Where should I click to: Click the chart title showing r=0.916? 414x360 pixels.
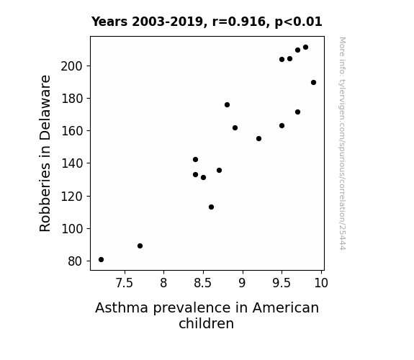(207, 22)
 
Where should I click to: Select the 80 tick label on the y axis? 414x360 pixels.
(75, 261)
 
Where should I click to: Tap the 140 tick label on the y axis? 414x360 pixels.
(71, 163)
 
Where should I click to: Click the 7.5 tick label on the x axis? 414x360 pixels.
(125, 283)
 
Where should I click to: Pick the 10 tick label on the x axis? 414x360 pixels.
(321, 283)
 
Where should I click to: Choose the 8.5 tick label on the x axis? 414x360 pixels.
(203, 283)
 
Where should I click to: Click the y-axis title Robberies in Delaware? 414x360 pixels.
(45, 153)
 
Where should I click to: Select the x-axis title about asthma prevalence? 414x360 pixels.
(207, 315)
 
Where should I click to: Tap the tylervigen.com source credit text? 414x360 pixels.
(342, 143)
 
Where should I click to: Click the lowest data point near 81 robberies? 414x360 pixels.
(101, 260)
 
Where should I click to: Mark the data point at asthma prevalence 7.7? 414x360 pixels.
(140, 246)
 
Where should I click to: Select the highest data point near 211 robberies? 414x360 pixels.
(305, 48)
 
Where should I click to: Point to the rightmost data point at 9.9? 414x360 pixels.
(313, 82)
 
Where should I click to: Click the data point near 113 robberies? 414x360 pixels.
(211, 207)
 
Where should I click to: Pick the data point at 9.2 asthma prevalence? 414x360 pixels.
(258, 139)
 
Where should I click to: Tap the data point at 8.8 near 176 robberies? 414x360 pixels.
(227, 105)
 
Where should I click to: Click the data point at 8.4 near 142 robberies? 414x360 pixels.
(195, 160)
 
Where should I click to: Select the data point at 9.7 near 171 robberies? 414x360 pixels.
(297, 112)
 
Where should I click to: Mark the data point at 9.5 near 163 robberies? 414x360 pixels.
(282, 126)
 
